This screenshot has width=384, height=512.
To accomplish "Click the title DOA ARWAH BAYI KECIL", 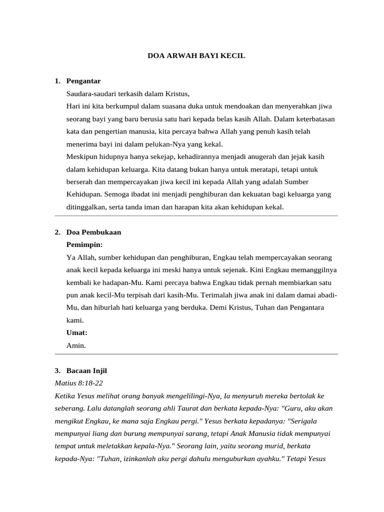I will point(196,56).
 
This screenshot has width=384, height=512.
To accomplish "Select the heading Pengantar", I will point(83,80).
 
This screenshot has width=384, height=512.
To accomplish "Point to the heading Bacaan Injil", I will point(86,370).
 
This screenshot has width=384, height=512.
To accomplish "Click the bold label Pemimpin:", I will point(84,244).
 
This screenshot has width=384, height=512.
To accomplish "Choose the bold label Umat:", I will point(76,332).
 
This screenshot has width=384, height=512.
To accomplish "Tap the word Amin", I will point(75,345).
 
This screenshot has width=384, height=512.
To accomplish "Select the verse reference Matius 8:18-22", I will point(78,383).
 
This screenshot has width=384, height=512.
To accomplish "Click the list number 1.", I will point(57,80).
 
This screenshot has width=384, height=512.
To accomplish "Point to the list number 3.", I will point(57,370).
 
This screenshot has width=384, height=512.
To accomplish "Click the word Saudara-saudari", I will point(90,93).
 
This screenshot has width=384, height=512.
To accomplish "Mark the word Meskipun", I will point(81,156).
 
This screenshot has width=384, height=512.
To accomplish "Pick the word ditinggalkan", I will point(85,206).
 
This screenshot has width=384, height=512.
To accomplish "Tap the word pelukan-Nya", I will point(143,144).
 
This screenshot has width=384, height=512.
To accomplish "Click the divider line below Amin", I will point(196,354).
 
